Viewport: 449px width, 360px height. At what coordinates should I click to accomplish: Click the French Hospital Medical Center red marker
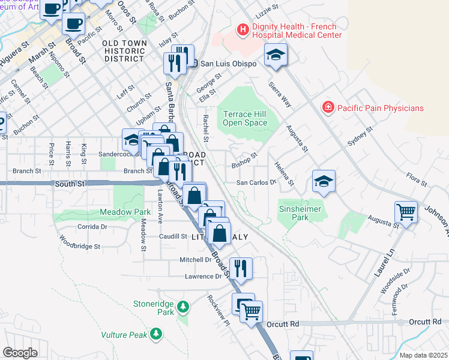coord(242,29)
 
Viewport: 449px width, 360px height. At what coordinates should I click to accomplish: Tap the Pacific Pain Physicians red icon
coord(328,108)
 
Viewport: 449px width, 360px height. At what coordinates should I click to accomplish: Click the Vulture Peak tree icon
coord(156,333)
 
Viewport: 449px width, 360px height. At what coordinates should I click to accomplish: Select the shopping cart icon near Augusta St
coord(406,211)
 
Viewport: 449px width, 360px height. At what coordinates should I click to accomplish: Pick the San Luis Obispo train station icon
coord(193,64)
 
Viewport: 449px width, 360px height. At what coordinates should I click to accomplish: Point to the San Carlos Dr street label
coord(255,182)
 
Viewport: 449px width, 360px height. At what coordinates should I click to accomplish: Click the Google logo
coord(20,353)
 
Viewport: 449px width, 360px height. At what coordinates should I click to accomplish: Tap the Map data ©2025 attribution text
coord(423,355)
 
